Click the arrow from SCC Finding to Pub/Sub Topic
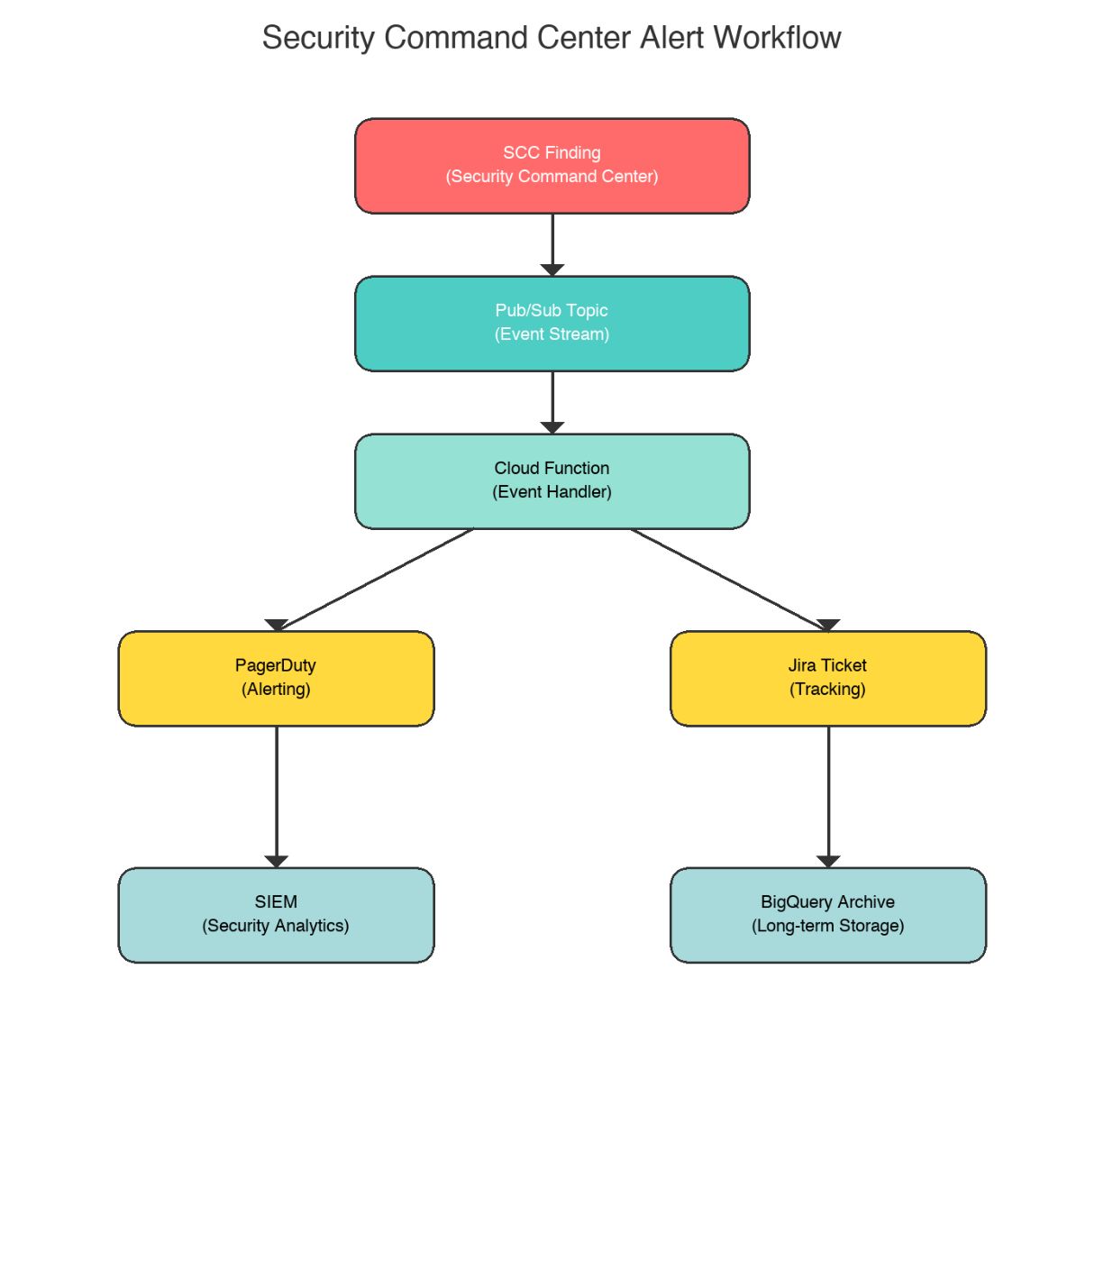[x=552, y=242]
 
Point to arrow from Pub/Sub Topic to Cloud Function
[x=552, y=399]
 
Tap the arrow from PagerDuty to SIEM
[x=276, y=793]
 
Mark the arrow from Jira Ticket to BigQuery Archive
[x=827, y=793]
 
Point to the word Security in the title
[x=318, y=38]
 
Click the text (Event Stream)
[x=552, y=334]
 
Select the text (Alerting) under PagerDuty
[x=276, y=690]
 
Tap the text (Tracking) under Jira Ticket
[x=827, y=690]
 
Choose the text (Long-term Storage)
[x=827, y=926]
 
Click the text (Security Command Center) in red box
[x=552, y=177]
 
